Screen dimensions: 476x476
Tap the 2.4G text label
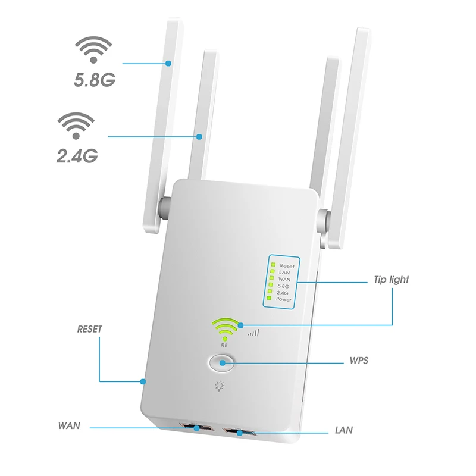77,155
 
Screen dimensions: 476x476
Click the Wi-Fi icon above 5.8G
93,50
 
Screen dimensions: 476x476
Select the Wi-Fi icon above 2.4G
75,127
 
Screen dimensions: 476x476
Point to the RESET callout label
90,328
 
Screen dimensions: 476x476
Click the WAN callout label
69,426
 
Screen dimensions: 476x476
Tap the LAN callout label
344,428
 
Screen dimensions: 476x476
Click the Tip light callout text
391,279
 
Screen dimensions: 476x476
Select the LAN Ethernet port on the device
239,432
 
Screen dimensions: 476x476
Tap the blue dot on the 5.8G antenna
170,62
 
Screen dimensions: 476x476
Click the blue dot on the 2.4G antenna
199,137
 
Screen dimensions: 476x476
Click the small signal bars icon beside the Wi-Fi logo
253,333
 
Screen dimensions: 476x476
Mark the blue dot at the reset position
143,381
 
